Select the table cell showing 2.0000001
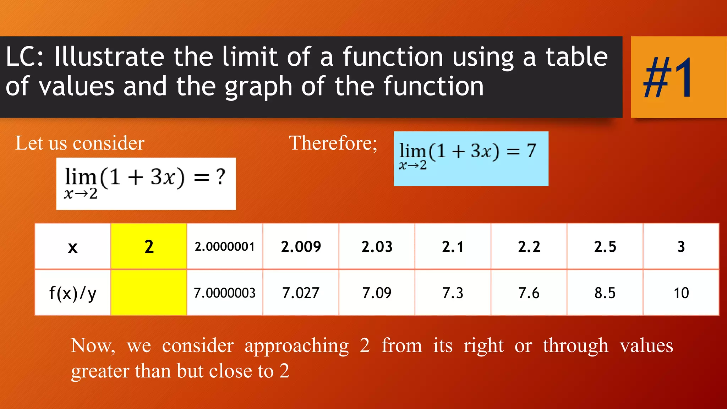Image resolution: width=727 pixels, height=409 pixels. click(225, 246)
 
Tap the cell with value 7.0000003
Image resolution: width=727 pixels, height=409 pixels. click(225, 293)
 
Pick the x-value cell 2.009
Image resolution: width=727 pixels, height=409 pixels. click(301, 246)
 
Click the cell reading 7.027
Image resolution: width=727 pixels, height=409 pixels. click(301, 293)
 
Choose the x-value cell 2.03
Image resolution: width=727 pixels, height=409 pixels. click(377, 246)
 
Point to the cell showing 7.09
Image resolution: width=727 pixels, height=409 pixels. click(377, 293)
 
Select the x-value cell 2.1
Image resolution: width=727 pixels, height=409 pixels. click(453, 246)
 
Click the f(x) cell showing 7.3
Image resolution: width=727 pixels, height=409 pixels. click(453, 293)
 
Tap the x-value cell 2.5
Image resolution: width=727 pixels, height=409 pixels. click(605, 246)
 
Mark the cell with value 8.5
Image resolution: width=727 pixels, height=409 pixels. click(605, 293)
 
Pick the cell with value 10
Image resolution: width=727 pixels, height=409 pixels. click(681, 293)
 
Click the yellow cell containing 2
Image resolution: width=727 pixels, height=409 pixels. click(149, 246)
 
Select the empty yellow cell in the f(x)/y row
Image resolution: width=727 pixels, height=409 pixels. click(149, 293)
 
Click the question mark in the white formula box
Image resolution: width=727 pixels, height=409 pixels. click(221, 176)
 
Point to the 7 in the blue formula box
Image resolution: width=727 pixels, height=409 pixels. click(531, 151)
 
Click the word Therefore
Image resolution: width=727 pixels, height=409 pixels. click(332, 143)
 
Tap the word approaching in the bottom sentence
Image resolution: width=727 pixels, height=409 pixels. click(297, 345)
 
